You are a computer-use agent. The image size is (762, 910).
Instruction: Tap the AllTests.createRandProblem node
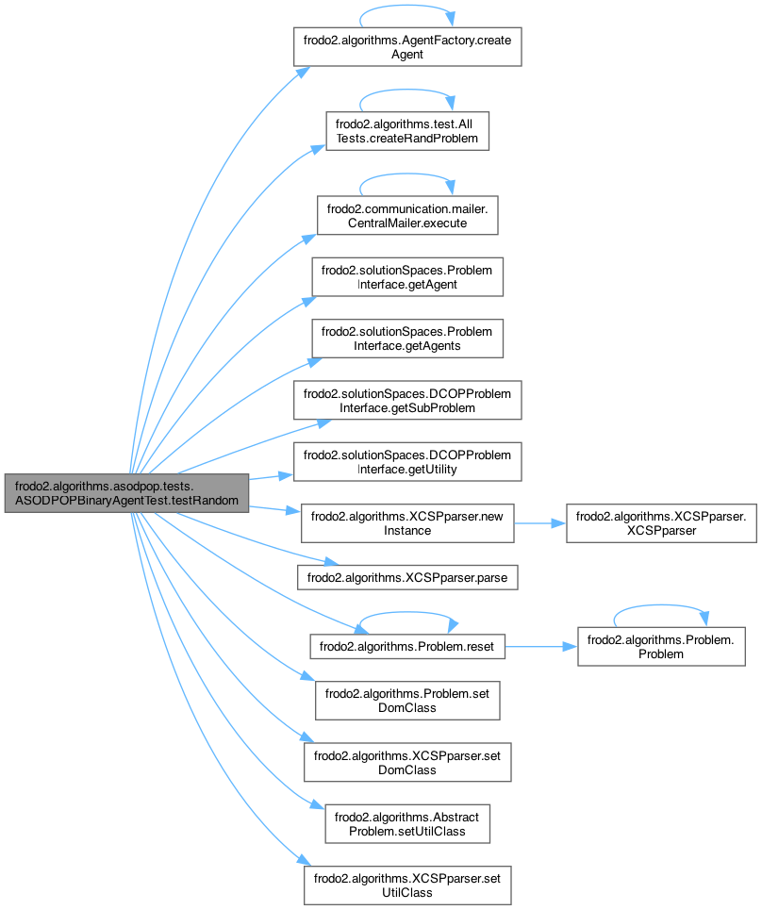click(406, 131)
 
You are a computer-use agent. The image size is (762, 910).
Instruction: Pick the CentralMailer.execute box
click(406, 215)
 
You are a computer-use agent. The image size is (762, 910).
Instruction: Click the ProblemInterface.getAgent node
click(406, 277)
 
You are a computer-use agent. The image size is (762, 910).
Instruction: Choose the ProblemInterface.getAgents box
click(406, 339)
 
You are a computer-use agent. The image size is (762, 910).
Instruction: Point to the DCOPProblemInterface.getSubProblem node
click(406, 401)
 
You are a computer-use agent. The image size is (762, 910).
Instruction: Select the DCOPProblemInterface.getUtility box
click(406, 462)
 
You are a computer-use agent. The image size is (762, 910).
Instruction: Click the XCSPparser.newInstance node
click(406, 523)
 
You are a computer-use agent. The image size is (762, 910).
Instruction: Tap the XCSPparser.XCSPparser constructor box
click(660, 523)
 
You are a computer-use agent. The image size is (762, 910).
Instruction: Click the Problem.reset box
click(406, 647)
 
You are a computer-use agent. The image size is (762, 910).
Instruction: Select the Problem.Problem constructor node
click(660, 647)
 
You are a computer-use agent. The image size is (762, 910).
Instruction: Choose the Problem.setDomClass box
click(406, 701)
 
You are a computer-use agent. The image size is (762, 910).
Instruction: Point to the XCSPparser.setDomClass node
click(406, 762)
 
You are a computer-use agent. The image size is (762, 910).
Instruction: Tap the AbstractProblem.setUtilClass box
click(406, 824)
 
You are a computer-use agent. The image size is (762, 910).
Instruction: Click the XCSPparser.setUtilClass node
click(406, 885)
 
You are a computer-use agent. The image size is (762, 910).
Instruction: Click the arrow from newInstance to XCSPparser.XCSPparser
click(538, 523)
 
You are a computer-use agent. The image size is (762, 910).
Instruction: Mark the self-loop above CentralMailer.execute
click(406, 177)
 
